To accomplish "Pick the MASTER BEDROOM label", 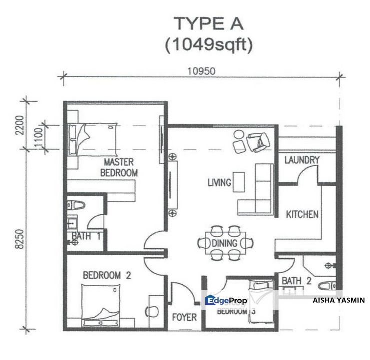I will point(119,167).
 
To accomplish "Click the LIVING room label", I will point(219,183).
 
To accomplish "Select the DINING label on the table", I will point(225,243).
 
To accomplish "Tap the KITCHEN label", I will point(302,215).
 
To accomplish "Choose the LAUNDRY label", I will point(301,160).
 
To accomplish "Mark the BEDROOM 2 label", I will point(107,275).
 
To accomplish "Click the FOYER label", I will point(184,317).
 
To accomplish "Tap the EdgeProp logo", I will point(226,300).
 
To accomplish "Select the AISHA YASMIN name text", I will point(338,300).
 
